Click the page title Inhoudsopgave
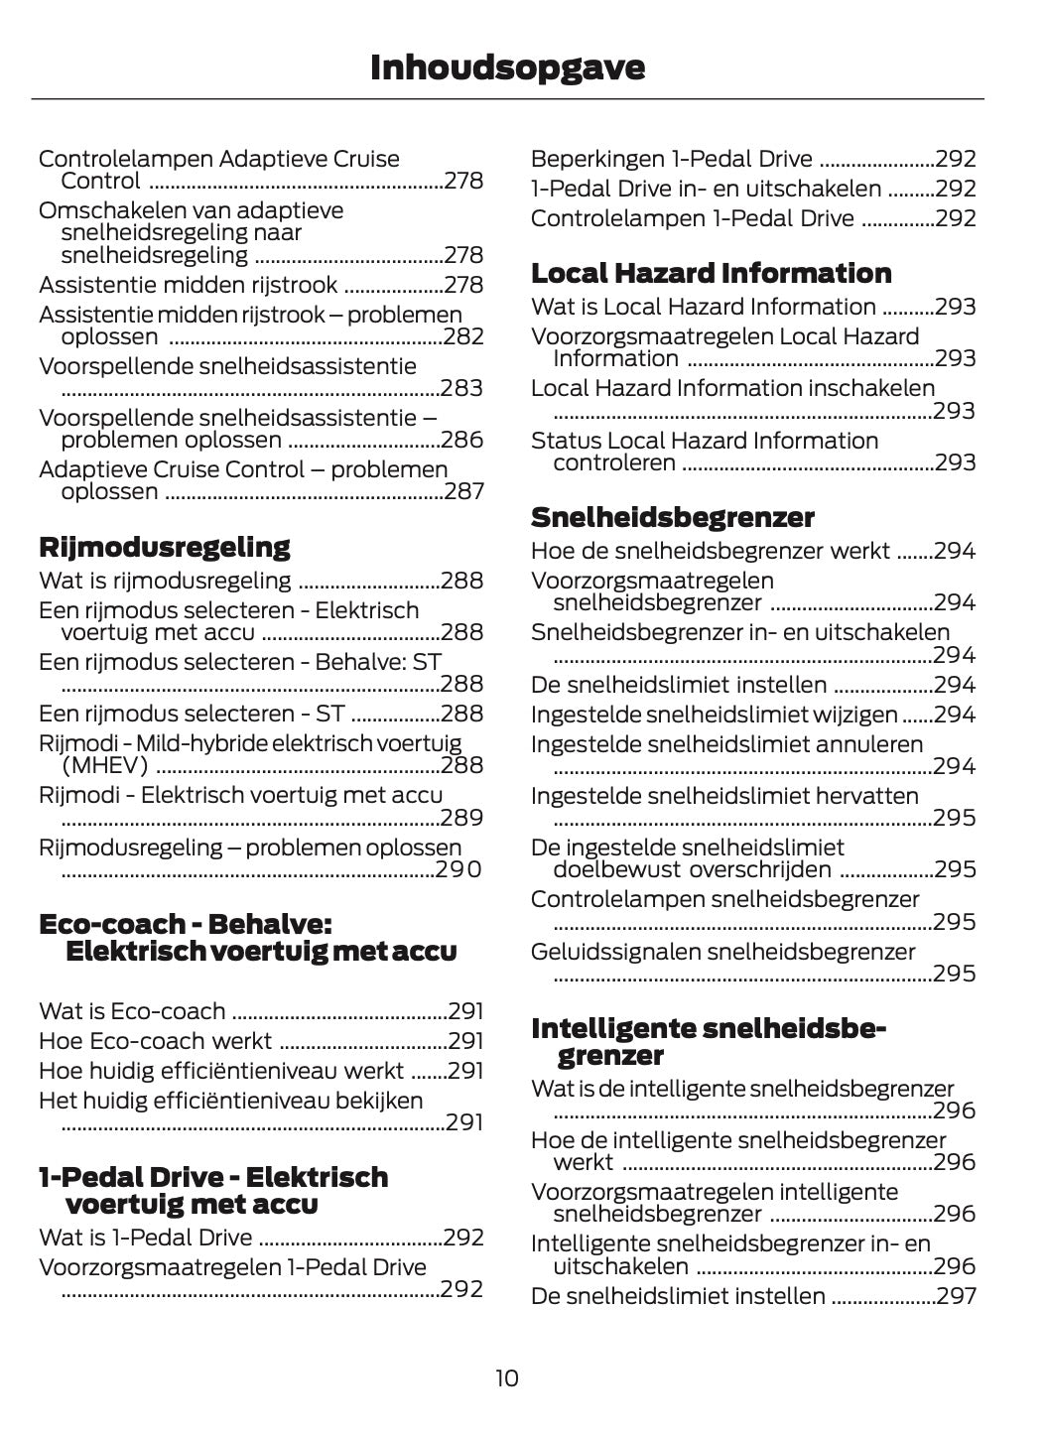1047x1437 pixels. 507,67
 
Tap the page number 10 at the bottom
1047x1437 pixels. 506,1377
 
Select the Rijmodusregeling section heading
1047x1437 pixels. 164,547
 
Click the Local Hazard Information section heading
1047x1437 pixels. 711,273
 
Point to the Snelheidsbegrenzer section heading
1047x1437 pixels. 672,517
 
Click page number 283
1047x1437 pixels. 462,388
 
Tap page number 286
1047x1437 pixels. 462,440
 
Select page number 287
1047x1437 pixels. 464,491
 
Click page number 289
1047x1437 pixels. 462,818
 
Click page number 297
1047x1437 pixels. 956,1296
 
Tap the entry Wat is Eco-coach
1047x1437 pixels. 132,1011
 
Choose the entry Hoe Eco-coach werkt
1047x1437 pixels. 155,1041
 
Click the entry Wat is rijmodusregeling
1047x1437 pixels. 165,581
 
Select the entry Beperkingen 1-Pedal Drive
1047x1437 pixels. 671,159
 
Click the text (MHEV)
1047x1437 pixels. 104,765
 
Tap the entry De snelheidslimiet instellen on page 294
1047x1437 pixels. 678,685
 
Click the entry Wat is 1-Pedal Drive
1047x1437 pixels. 145,1238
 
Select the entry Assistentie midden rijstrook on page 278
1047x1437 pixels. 189,285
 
